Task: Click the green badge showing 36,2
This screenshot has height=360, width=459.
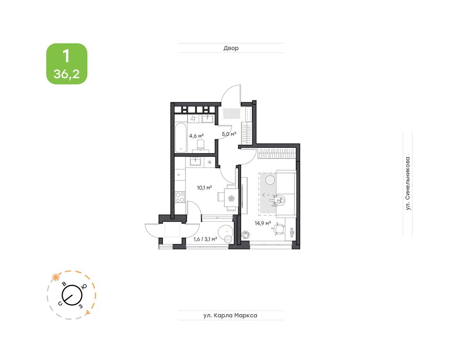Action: point(66,64)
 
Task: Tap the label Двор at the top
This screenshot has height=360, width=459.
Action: point(231,48)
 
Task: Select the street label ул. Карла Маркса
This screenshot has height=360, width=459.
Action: point(231,315)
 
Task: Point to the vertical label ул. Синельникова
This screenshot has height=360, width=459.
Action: point(407,183)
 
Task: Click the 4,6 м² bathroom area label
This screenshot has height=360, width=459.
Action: point(196,135)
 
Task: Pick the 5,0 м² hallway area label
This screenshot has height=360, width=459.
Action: point(229,133)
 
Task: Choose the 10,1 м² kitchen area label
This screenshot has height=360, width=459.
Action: point(204,187)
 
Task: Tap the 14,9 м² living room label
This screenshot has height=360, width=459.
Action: point(263,223)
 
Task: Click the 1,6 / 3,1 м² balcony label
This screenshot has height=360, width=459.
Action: point(205,239)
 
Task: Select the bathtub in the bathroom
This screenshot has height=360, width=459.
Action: point(181,139)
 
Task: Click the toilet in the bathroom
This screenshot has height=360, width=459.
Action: point(201,144)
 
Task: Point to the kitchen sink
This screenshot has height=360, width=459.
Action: point(196,162)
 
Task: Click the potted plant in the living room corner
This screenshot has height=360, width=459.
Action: point(246,235)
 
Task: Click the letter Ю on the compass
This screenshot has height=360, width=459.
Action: point(84,287)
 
